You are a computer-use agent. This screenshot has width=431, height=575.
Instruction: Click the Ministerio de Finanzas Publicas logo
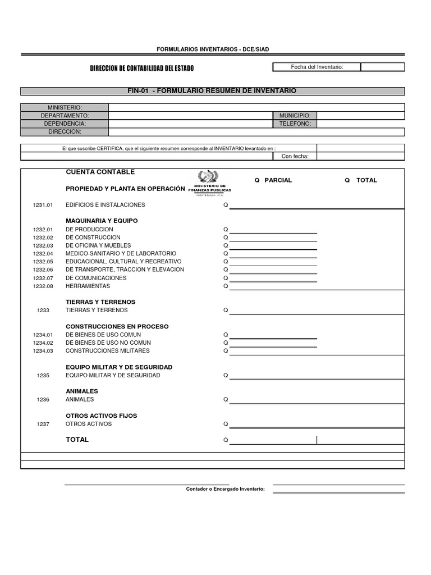(x=213, y=182)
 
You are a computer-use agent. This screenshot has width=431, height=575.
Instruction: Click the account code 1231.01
(x=42, y=205)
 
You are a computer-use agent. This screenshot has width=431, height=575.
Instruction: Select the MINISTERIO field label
(x=65, y=107)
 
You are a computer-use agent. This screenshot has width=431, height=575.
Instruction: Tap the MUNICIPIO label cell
(x=295, y=115)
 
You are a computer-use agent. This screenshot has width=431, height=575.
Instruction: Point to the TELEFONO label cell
(x=295, y=124)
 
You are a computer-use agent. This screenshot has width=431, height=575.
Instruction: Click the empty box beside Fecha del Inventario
(x=382, y=67)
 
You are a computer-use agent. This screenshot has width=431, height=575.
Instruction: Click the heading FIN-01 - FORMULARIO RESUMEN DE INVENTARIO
(x=212, y=91)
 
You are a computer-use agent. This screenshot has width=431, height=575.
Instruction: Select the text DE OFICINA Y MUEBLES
(x=98, y=245)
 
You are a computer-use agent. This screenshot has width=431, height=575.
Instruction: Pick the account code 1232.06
(x=42, y=270)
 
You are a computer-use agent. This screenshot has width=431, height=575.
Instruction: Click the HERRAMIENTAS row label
(x=88, y=286)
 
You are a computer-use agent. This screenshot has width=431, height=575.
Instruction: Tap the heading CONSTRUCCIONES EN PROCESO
(x=117, y=326)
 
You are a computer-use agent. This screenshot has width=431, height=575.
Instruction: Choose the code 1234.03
(x=42, y=351)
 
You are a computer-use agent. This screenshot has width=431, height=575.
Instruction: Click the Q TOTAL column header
(x=361, y=180)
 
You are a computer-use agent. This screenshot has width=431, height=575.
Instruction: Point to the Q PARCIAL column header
(x=273, y=180)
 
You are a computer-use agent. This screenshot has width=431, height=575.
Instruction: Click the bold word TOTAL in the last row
(x=77, y=440)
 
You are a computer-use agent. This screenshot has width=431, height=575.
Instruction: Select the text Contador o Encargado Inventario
(x=225, y=489)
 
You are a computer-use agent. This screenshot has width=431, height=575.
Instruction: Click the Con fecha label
(x=295, y=156)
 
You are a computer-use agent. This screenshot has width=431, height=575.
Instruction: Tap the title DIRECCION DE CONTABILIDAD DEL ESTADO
(x=142, y=68)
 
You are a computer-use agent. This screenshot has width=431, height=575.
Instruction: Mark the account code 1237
(x=43, y=424)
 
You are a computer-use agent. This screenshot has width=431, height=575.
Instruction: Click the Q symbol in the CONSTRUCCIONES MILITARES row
(x=226, y=351)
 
